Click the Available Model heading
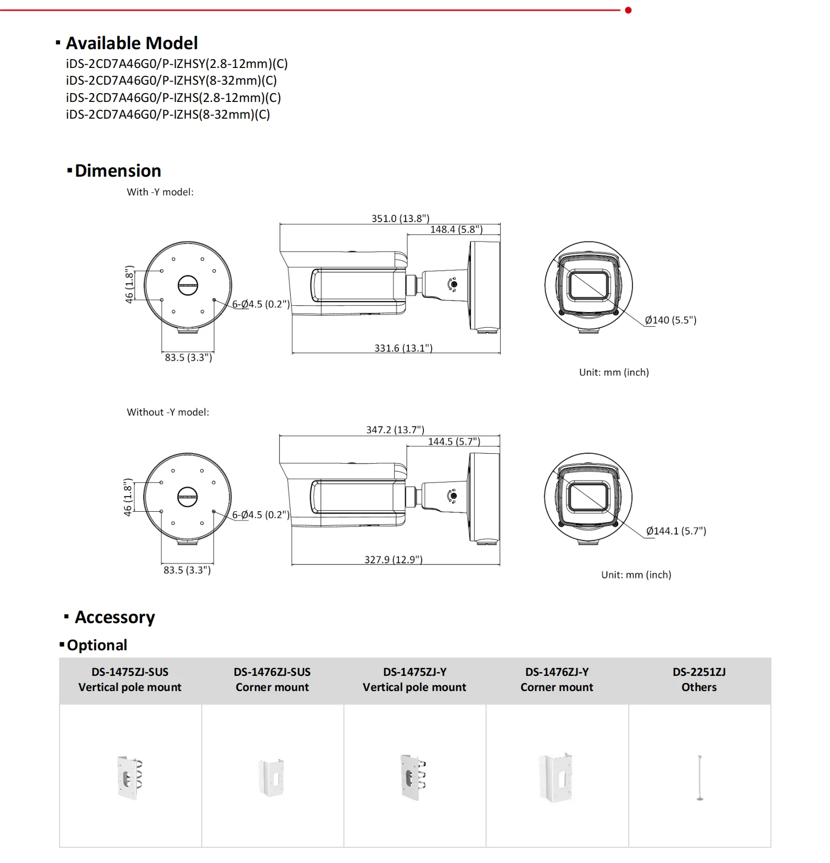pyautogui.click(x=131, y=43)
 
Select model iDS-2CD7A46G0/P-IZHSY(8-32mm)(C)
pyautogui.click(x=171, y=80)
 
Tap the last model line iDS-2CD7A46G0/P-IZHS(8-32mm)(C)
pyautogui.click(x=168, y=114)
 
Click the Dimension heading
pyautogui.click(x=118, y=171)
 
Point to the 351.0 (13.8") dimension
pyautogui.click(x=400, y=218)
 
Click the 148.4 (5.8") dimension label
pyautogui.click(x=456, y=229)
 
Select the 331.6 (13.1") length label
pyautogui.click(x=403, y=348)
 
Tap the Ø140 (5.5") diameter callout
pyautogui.click(x=671, y=320)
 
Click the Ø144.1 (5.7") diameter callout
pyautogui.click(x=676, y=531)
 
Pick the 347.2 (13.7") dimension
pyautogui.click(x=395, y=430)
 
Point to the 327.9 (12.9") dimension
pyautogui.click(x=393, y=559)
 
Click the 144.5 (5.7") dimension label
pyautogui.click(x=454, y=442)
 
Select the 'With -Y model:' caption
pyautogui.click(x=160, y=192)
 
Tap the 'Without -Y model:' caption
pyautogui.click(x=168, y=412)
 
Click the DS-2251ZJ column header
pyautogui.click(x=699, y=680)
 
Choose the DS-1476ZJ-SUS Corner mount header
pyautogui.click(x=272, y=680)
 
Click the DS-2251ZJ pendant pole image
pyautogui.click(x=699, y=777)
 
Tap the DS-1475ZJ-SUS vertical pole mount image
pyautogui.click(x=130, y=777)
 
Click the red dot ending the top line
pyautogui.click(x=628, y=10)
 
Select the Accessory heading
pyautogui.click(x=114, y=617)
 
